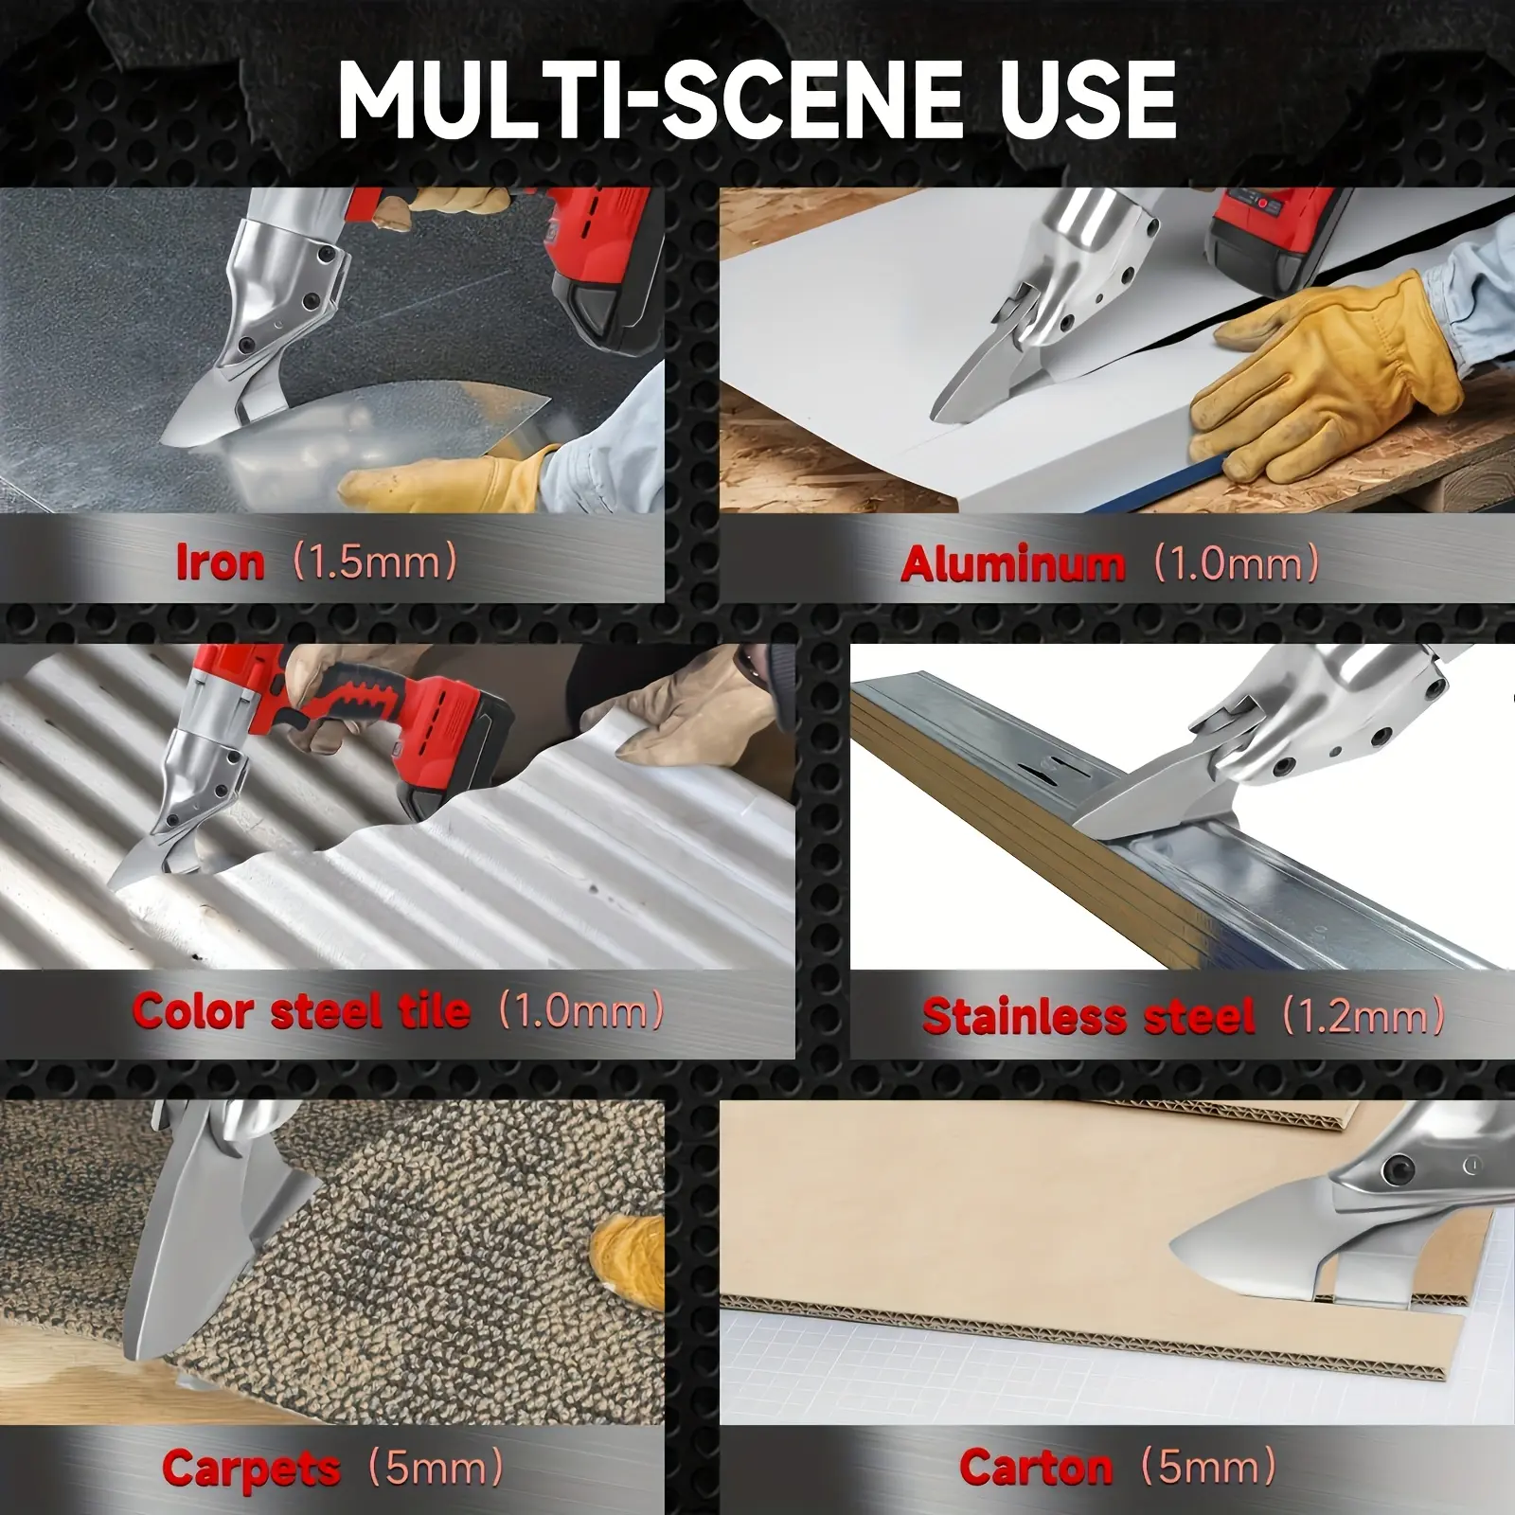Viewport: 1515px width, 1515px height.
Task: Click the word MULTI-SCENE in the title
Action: coord(645,99)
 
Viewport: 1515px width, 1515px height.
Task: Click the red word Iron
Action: coord(221,562)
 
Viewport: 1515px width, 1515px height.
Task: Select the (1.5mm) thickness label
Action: coord(375,562)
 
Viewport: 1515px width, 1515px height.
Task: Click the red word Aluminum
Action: coord(1014,565)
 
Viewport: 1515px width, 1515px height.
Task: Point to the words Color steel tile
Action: coord(301,1011)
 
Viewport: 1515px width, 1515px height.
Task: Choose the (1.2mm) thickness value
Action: coord(1363,1016)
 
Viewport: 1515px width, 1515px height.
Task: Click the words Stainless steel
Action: coord(1089,1017)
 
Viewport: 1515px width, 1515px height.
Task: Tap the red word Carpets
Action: coord(251,1469)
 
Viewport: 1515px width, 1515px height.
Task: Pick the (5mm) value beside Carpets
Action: coord(435,1469)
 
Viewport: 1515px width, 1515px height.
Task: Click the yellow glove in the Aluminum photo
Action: coord(1326,365)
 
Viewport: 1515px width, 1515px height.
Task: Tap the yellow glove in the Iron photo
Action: coord(445,478)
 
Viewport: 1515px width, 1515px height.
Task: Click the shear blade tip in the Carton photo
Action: coord(1175,1244)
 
